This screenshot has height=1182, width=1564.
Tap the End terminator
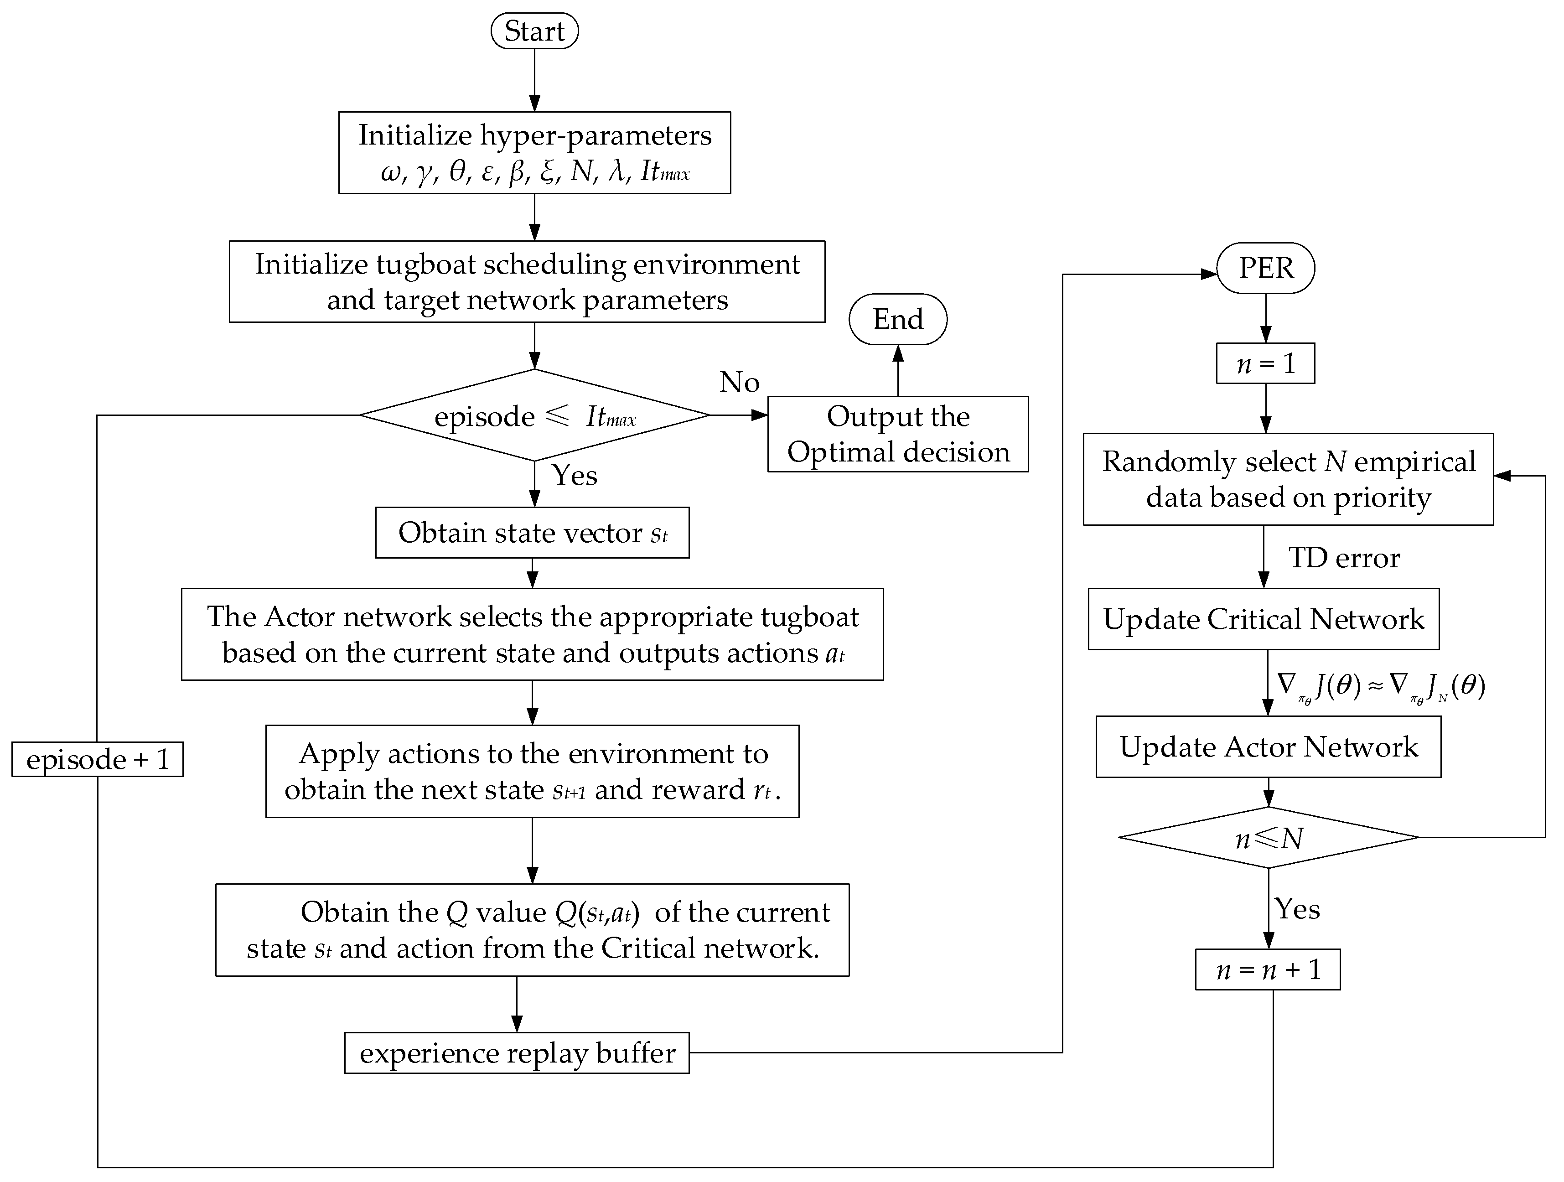(897, 320)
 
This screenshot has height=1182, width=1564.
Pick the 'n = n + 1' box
(1267, 969)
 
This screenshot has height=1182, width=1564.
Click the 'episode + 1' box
(98, 759)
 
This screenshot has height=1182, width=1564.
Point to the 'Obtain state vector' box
(533, 532)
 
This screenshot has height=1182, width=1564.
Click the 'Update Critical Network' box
(1264, 619)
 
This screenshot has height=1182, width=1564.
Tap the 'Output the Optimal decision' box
(898, 434)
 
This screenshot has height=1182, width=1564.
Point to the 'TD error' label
(1343, 558)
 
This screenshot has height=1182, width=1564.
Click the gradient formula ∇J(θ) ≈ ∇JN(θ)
(1380, 686)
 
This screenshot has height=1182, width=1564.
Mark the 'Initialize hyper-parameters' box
(534, 153)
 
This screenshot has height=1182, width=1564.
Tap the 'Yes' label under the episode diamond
(574, 475)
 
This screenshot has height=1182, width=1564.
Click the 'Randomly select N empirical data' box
(1288, 479)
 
